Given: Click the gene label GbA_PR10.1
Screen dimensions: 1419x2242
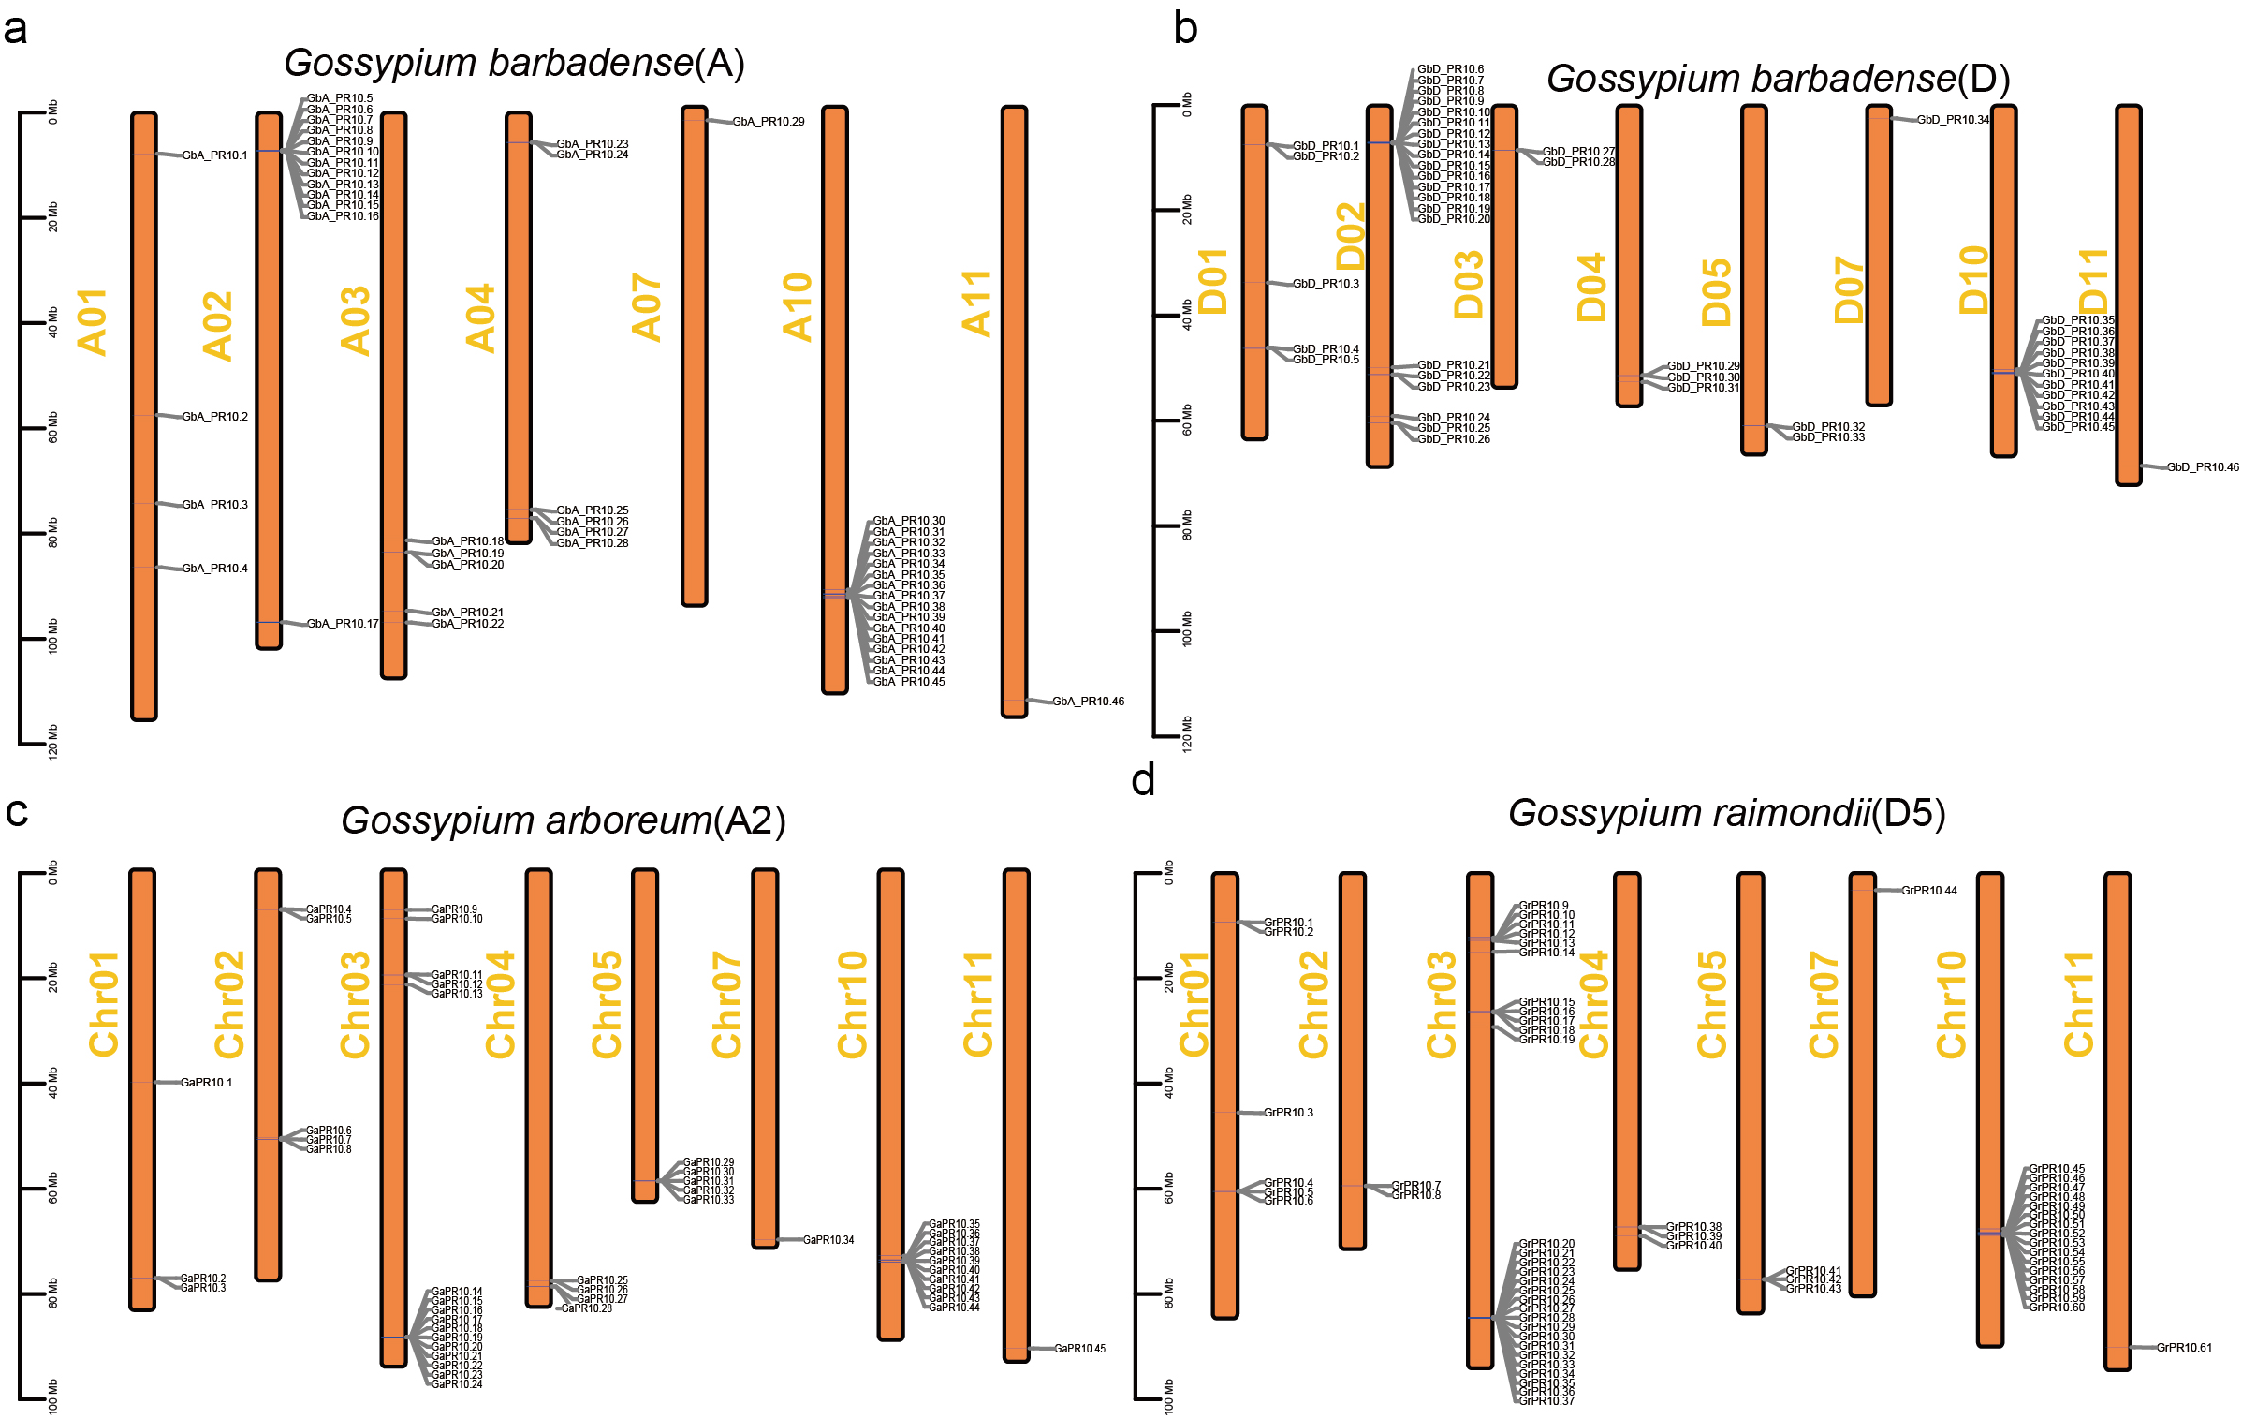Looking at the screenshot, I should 214,155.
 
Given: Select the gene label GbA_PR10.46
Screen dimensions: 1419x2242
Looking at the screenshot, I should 1088,702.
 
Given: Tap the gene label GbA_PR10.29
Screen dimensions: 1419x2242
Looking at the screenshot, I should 768,122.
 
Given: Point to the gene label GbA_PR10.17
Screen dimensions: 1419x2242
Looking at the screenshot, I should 343,624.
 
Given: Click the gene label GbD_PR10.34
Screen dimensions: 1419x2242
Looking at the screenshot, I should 1953,120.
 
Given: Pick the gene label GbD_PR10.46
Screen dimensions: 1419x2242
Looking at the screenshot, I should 2203,467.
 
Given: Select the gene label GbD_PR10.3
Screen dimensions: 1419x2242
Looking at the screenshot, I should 1326,284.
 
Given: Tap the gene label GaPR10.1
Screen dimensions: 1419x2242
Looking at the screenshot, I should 206,1083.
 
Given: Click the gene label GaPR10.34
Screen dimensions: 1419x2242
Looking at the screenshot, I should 828,1240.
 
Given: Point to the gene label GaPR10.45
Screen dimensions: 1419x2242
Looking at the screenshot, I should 1079,1349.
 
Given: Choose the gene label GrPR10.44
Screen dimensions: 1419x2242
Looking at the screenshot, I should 1929,891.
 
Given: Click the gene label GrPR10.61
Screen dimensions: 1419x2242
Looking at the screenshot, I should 2184,1348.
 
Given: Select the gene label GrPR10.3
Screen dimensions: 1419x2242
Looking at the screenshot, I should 1288,1113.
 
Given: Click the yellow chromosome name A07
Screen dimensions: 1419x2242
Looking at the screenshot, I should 647,307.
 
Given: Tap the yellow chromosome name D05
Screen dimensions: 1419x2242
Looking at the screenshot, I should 1716,292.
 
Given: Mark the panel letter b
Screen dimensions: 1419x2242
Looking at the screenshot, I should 1185,28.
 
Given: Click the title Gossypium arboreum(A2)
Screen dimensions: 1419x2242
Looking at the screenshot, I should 563,820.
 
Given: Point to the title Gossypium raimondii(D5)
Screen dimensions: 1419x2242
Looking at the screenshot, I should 1726,813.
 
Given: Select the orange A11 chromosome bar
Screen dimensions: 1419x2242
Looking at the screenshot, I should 1014,412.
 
